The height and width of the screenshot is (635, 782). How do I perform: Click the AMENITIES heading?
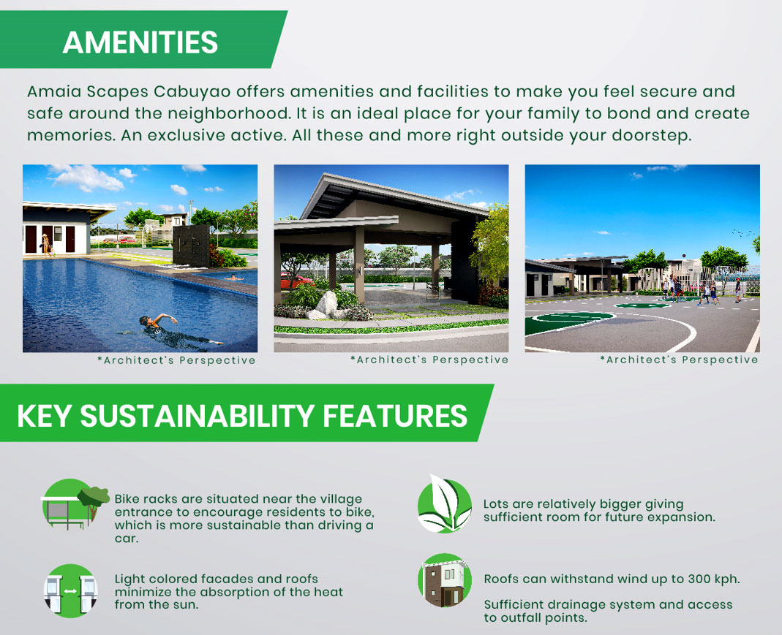click(140, 42)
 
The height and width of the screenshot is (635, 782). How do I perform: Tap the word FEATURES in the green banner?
click(395, 415)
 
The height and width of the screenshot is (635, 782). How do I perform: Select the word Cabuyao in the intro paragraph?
click(192, 92)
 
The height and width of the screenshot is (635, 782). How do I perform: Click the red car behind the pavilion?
click(295, 281)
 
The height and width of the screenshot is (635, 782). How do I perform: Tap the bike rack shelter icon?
click(75, 504)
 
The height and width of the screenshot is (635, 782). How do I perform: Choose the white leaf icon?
click(444, 504)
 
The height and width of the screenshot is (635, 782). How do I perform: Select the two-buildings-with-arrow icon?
click(70, 590)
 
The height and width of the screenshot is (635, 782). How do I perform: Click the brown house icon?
click(444, 581)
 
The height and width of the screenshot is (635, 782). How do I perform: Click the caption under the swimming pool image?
click(176, 360)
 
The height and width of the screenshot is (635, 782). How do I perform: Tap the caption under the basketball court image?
click(680, 360)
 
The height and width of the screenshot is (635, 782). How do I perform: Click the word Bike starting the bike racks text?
click(128, 498)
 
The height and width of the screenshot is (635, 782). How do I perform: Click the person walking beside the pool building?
click(46, 245)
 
